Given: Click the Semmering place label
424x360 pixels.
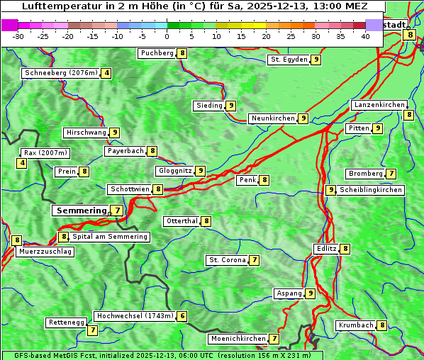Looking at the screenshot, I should (80, 210).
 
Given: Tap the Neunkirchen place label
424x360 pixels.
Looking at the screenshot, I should (272, 118).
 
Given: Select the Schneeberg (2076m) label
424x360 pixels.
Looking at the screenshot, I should (60, 73).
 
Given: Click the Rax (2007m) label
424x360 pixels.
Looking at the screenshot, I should (45, 153).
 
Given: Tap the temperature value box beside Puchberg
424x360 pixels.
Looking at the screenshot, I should (182, 53).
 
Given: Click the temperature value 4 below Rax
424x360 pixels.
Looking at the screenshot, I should (22, 164).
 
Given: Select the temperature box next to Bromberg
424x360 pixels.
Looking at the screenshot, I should (391, 174).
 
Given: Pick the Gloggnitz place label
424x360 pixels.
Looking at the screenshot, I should (174, 171).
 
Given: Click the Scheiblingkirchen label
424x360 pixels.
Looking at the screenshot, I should (371, 190).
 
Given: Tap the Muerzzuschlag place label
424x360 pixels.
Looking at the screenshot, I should (45, 252).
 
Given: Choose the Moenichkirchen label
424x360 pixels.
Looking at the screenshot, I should (238, 339).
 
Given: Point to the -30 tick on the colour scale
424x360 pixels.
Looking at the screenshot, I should (18, 36).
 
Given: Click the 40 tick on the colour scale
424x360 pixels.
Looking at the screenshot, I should (365, 36).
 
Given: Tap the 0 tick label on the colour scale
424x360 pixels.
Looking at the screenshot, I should (167, 36).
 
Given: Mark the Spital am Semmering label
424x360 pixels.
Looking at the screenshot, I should (110, 237).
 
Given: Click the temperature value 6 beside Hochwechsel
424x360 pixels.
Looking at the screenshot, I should (182, 316).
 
